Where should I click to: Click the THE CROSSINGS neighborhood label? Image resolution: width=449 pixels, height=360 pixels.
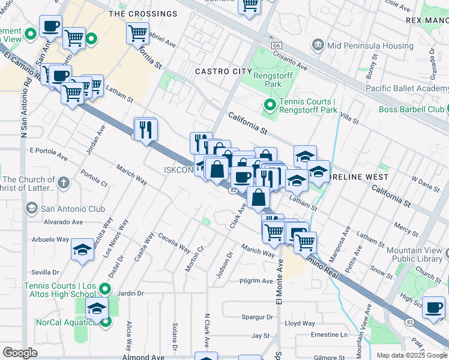(x=143, y=13)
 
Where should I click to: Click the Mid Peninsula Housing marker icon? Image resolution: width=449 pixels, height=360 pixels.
(x=318, y=44)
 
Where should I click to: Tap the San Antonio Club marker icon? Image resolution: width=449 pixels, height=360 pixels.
(x=31, y=208)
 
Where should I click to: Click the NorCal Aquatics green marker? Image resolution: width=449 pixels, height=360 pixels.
(x=106, y=322)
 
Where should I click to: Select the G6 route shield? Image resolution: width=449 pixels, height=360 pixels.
(x=276, y=44)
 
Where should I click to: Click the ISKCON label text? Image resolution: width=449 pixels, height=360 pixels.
(x=178, y=170)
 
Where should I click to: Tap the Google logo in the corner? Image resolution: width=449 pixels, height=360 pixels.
(x=20, y=352)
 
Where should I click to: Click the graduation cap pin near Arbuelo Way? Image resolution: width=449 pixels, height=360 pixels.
(x=82, y=250)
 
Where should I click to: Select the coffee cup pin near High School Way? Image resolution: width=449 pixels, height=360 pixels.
(x=433, y=308)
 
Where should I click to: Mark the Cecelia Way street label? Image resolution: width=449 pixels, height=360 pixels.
(x=175, y=244)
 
